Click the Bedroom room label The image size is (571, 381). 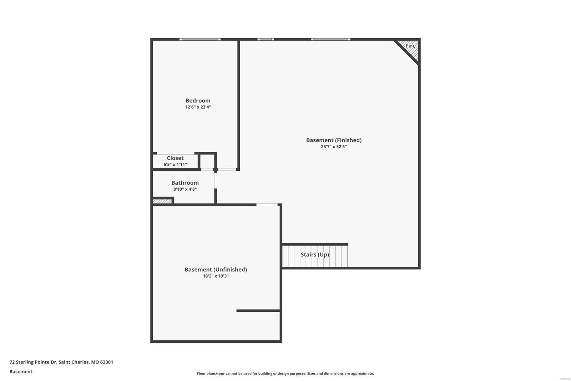198,101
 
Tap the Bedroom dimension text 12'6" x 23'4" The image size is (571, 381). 198,107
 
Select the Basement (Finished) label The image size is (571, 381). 334,140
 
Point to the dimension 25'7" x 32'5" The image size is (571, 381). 334,147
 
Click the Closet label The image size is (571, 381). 175,158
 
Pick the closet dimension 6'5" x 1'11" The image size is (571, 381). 175,165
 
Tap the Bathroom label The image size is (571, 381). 185,183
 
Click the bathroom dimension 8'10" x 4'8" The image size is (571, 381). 185,189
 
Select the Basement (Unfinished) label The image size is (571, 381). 216,270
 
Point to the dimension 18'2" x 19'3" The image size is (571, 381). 216,276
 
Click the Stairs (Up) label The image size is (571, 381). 315,255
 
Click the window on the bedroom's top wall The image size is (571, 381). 200,39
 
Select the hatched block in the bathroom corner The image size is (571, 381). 162,201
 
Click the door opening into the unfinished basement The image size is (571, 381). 267,205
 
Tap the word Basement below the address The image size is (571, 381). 21,372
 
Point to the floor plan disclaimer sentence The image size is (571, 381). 285,374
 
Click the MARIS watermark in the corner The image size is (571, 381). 565,379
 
